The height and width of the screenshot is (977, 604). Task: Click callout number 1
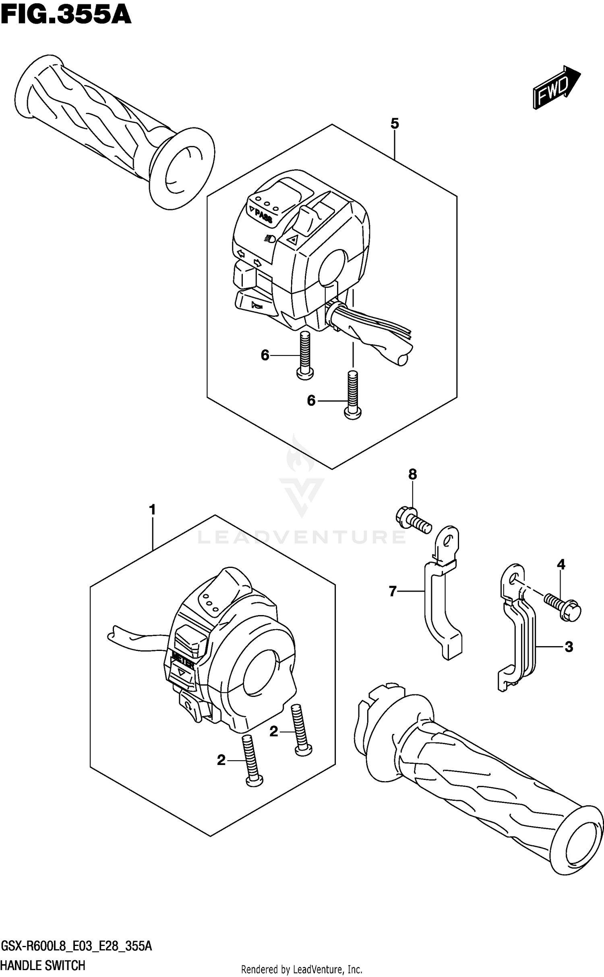click(152, 510)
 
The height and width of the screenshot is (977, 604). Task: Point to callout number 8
click(412, 474)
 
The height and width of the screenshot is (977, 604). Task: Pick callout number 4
click(561, 565)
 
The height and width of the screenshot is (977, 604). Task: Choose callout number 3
click(569, 647)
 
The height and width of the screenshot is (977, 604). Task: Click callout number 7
click(393, 591)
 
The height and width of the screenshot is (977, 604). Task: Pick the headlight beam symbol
click(270, 239)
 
